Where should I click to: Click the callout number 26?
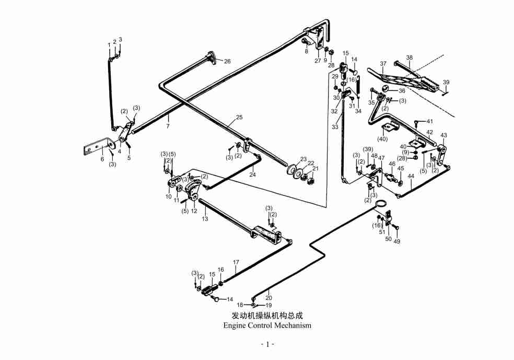coord(227,61)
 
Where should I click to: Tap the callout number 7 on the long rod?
coord(168,126)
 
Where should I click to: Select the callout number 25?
coord(239,117)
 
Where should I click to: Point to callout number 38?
coord(410,57)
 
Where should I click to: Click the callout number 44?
coord(411,176)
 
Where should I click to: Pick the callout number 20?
coord(268,298)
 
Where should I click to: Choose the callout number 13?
coord(205,219)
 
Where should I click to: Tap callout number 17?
coord(236,262)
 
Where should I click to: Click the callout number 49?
coord(397,241)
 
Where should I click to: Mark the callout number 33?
coord(335,127)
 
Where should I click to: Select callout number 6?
coord(102,159)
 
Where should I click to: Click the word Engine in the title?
coord(235,326)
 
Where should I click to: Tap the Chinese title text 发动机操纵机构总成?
coord(267,316)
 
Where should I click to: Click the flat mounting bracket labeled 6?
coord(96,147)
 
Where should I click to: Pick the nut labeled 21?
coord(309,181)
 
